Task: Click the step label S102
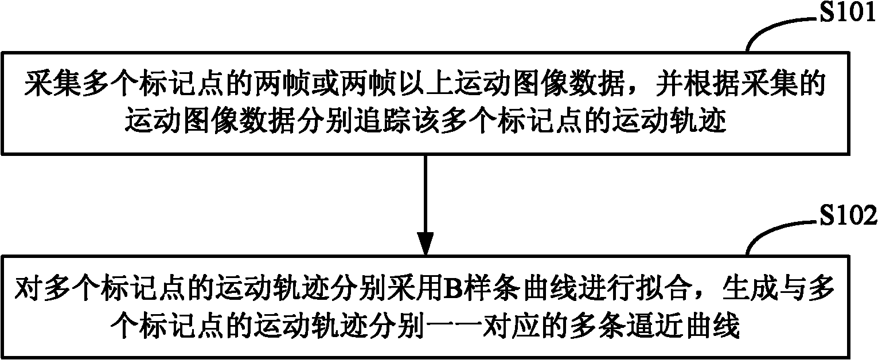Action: [848, 216]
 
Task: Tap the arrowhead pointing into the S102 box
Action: [426, 243]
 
